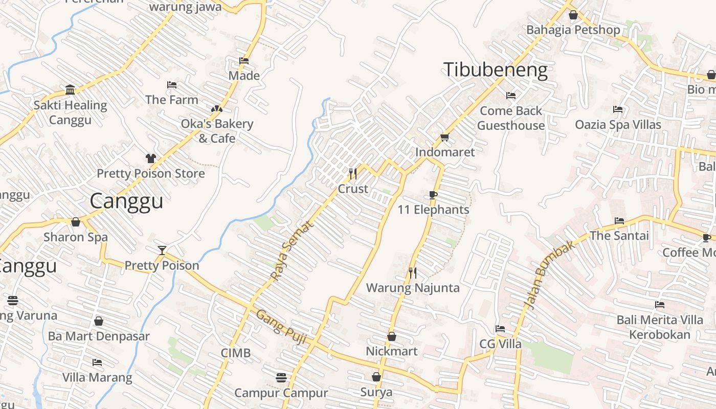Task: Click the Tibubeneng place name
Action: click(x=495, y=70)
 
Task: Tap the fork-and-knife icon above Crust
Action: click(x=352, y=174)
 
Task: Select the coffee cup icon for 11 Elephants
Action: click(x=433, y=195)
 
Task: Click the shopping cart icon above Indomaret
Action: click(x=444, y=137)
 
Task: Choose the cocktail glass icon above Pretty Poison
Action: click(x=162, y=250)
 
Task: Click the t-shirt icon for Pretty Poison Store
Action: click(x=150, y=158)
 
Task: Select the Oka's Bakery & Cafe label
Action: click(x=217, y=131)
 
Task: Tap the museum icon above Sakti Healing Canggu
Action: click(x=70, y=90)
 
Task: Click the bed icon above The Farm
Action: click(x=172, y=85)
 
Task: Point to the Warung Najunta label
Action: click(x=413, y=288)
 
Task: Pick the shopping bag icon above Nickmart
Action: click(x=391, y=336)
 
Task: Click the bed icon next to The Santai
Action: click(x=619, y=221)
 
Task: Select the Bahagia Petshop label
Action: click(x=573, y=30)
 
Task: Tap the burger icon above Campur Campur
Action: click(x=281, y=378)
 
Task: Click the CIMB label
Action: click(x=236, y=353)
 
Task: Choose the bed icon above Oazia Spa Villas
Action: click(x=618, y=109)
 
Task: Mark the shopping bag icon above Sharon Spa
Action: click(x=76, y=222)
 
